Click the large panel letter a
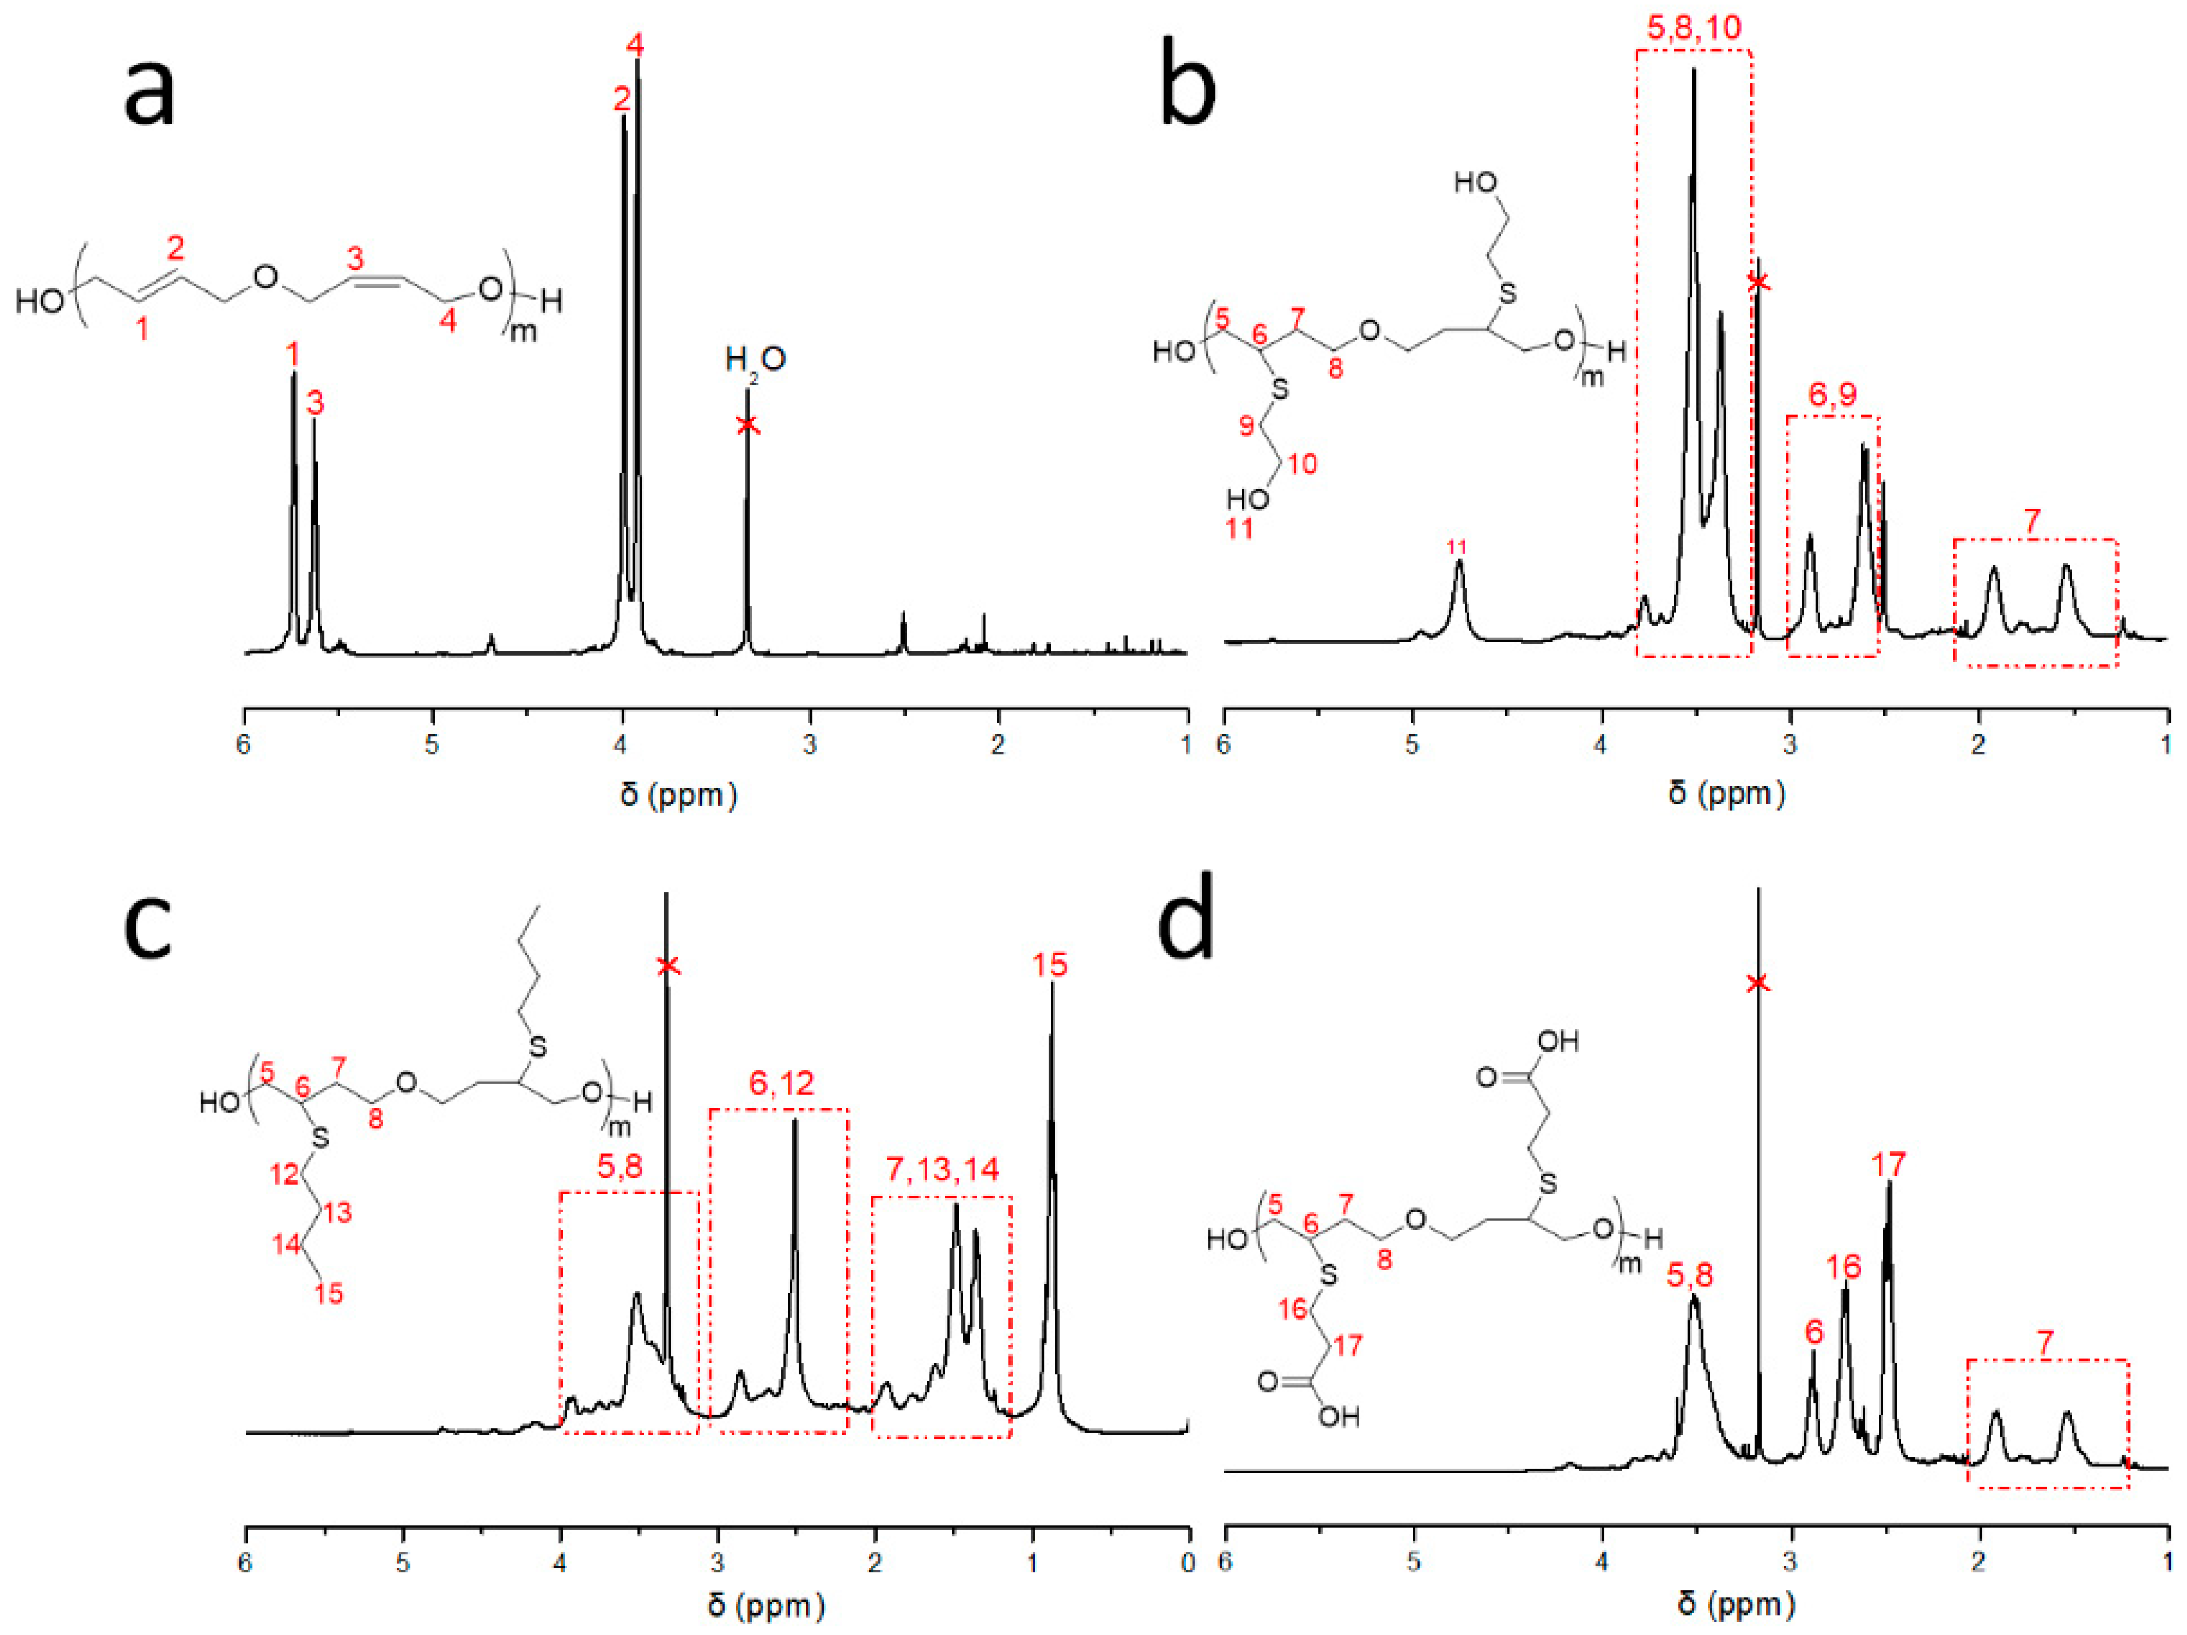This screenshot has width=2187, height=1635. tap(150, 91)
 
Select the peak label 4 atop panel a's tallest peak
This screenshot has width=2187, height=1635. tap(635, 45)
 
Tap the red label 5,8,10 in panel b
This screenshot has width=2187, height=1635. tap(1694, 27)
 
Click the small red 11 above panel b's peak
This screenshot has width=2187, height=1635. tap(1457, 547)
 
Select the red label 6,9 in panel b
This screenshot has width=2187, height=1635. tap(1832, 395)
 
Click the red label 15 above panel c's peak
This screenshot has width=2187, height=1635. tap(1050, 965)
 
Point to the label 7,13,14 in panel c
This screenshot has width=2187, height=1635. tap(941, 1170)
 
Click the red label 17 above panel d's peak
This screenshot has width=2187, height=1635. tap(1889, 1164)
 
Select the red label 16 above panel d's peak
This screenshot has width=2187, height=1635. tap(1843, 1266)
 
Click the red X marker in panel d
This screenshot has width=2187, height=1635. tap(1757, 983)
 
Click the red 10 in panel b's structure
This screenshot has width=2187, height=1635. tap(1302, 463)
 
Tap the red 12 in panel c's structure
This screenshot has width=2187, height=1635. tap(285, 1174)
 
